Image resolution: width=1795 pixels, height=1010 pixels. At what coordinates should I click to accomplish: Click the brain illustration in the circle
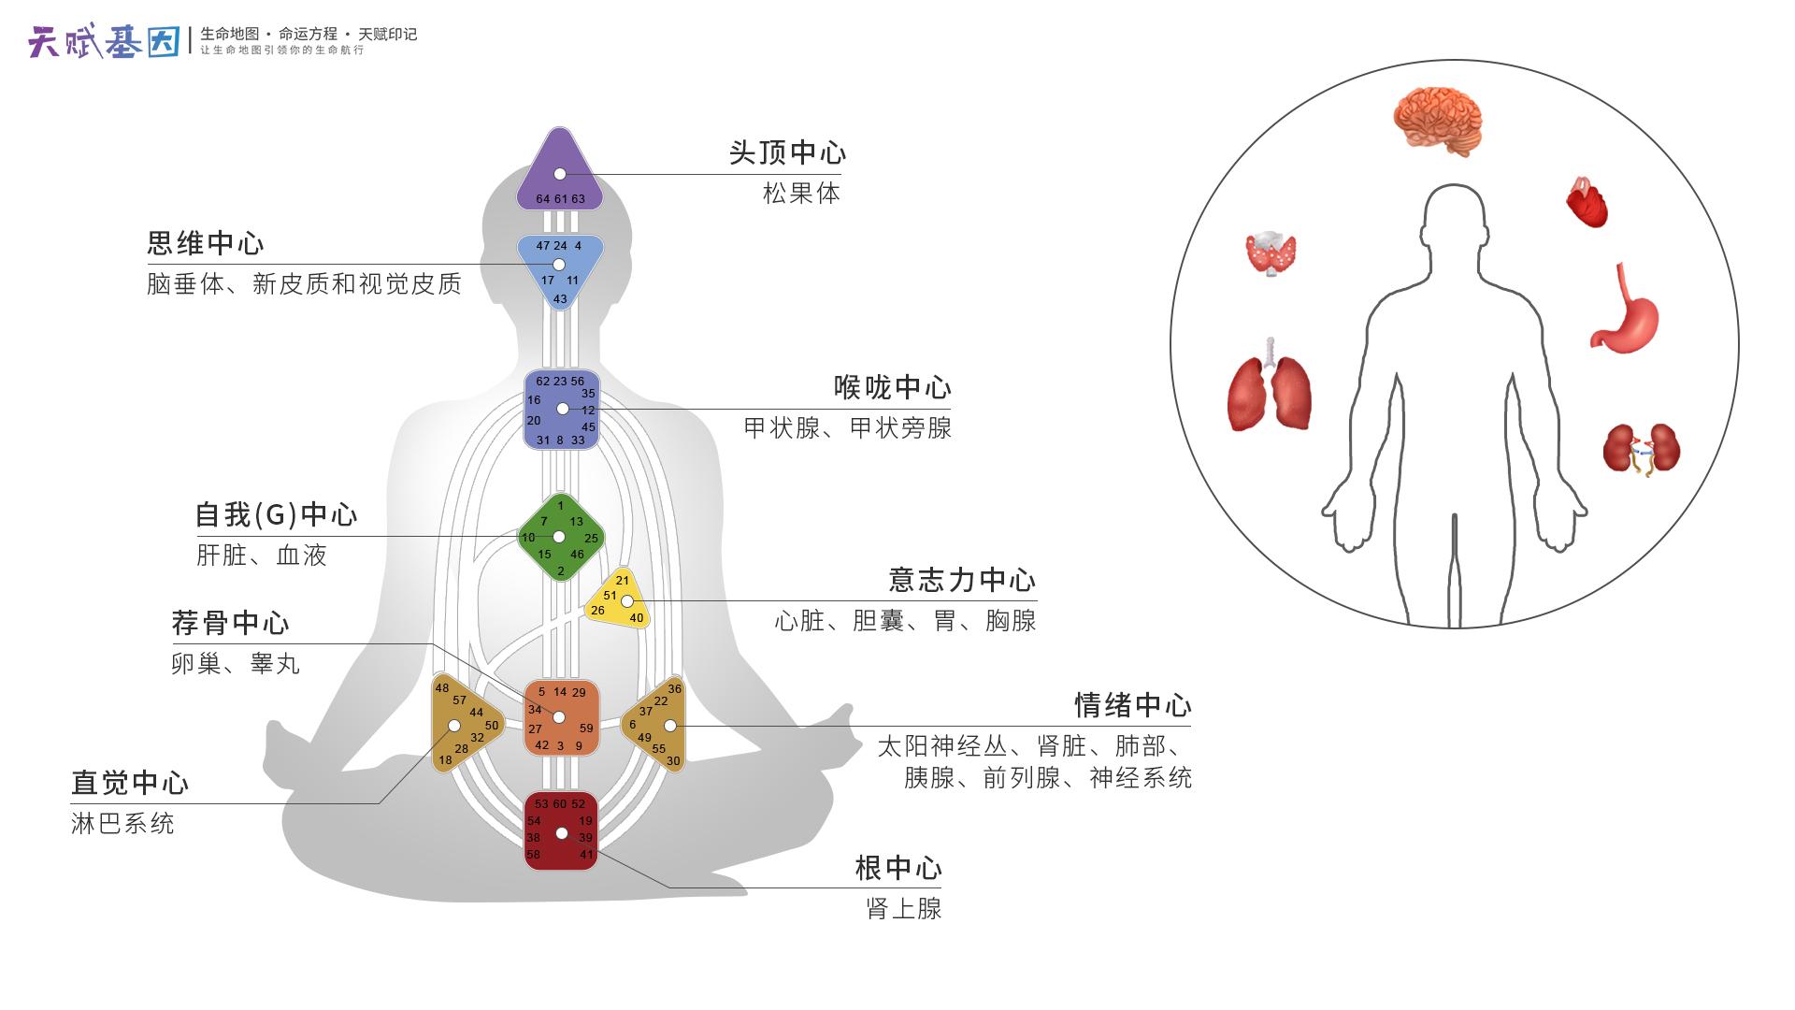[1437, 120]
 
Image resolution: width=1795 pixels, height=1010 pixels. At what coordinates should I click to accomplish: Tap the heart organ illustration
[1587, 202]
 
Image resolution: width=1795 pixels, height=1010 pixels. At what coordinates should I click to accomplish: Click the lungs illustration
[1269, 387]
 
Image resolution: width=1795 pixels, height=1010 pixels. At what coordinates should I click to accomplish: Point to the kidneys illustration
[1642, 450]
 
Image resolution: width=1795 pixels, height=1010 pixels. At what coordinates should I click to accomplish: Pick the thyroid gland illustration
[1271, 252]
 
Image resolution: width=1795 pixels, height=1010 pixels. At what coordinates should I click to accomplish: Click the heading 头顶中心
[787, 152]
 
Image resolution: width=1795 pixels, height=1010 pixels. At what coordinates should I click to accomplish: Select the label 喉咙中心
[892, 387]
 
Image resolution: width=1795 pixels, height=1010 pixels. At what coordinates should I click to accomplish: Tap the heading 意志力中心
[961, 580]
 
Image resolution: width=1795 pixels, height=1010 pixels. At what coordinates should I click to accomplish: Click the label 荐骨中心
[230, 623]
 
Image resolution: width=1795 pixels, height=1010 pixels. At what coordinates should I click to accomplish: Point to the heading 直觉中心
[130, 783]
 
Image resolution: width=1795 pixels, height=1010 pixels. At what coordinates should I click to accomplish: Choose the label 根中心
[897, 868]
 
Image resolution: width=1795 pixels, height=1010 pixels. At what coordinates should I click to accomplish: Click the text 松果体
[801, 194]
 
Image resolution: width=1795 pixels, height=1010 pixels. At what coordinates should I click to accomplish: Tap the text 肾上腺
[903, 908]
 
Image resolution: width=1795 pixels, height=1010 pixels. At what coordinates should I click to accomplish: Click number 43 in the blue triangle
[560, 299]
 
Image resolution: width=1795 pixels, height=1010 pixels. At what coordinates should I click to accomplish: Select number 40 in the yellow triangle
[637, 617]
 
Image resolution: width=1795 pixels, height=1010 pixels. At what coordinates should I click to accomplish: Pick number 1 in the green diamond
[561, 506]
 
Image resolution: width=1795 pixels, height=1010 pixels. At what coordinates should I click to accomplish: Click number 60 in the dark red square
[560, 804]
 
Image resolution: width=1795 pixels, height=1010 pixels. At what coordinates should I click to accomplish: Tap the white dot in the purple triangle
[559, 174]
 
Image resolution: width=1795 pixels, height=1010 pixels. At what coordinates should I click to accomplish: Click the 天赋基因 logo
[104, 41]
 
